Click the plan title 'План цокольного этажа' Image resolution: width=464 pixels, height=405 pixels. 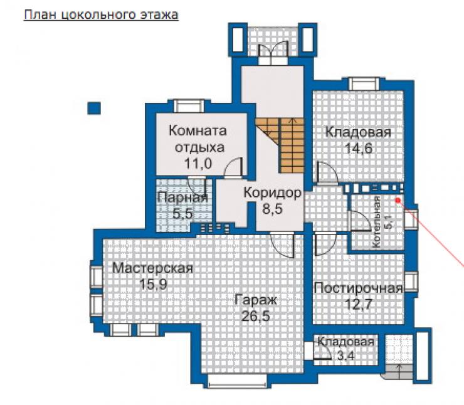(101, 15)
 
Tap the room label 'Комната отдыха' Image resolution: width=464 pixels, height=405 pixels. (198, 139)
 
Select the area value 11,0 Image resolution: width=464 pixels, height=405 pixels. (198, 163)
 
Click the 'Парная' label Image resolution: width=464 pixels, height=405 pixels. (183, 197)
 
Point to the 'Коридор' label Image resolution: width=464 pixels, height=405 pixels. (273, 193)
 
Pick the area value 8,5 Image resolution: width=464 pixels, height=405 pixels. (273, 209)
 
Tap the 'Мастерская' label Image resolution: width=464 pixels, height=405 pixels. (153, 268)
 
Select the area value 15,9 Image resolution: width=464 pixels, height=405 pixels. (153, 284)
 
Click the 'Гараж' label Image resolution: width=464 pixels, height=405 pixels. (256, 300)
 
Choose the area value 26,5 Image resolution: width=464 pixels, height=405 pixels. (256, 316)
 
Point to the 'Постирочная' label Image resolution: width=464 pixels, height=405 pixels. (359, 288)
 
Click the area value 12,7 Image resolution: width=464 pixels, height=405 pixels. (359, 304)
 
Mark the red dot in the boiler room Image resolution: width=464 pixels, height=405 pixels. (398, 200)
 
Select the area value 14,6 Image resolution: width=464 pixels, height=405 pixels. (359, 148)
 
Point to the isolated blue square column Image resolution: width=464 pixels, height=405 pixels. (94, 108)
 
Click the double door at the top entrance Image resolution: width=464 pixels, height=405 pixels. (273, 53)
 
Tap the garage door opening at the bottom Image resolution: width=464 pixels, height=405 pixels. (239, 381)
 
